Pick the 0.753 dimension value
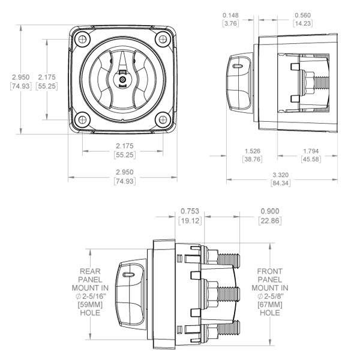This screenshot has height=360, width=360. click(189, 212)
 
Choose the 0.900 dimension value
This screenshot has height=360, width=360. click(269, 212)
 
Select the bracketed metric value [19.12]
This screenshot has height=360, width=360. click(189, 221)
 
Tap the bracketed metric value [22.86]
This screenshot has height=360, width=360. click(269, 221)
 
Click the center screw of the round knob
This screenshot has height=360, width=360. click(122, 79)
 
